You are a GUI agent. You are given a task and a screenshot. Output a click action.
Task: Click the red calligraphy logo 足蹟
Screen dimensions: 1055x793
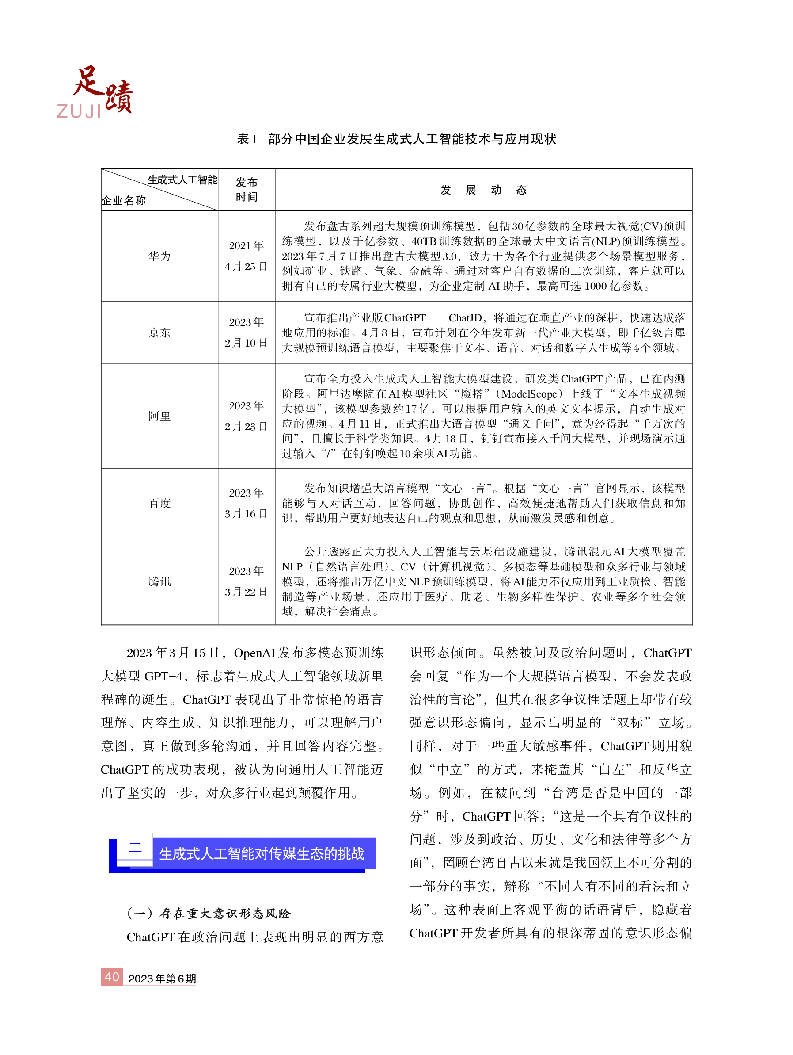point(102,89)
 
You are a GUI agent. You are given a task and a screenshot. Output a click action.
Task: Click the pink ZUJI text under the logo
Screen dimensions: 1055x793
point(79,111)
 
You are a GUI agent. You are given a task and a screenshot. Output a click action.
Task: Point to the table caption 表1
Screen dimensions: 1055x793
point(247,139)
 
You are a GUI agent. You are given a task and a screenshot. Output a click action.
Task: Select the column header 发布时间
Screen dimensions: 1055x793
point(246,189)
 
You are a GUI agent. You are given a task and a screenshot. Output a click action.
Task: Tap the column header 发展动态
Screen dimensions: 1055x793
point(483,190)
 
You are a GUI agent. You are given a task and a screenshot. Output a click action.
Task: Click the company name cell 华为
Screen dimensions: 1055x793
point(159,256)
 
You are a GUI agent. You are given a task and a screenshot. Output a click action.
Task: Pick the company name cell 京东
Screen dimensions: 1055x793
point(159,333)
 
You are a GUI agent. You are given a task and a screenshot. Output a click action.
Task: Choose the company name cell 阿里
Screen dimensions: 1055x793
point(159,416)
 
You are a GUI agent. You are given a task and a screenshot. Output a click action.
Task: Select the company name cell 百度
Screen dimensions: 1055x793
point(159,503)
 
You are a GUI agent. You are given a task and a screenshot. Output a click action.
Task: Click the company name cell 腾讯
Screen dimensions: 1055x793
point(159,581)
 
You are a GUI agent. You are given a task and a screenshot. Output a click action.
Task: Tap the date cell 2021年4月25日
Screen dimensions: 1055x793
point(246,256)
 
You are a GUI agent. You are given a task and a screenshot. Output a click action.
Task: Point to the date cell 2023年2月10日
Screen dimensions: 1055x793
point(246,333)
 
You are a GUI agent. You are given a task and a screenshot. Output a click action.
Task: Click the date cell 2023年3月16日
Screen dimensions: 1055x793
point(246,503)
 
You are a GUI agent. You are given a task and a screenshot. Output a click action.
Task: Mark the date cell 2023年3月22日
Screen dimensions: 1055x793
point(246,581)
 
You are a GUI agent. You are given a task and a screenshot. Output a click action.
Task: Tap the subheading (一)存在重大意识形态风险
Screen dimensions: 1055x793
point(208,914)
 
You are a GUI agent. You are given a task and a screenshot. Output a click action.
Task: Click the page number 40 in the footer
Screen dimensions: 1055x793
point(111,977)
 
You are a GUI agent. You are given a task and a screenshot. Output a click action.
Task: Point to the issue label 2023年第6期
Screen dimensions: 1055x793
point(162,979)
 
